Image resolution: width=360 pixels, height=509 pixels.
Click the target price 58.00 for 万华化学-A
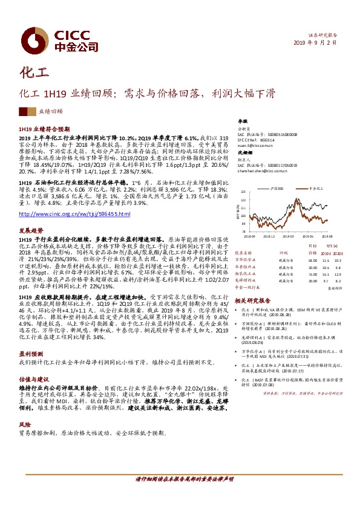coord(312,260)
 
